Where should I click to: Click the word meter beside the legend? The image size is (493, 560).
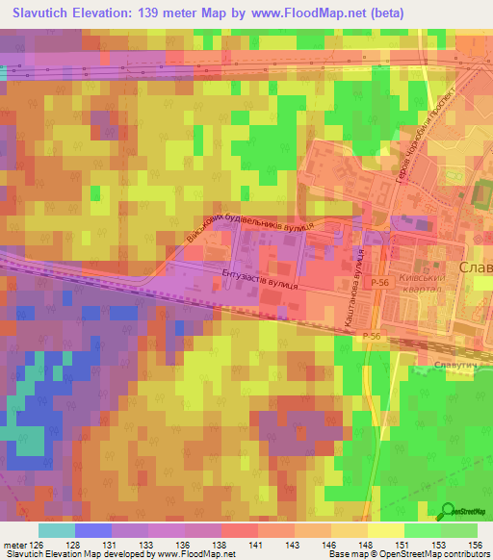[14, 545]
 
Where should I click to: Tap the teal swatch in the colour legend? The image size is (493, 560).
[57, 530]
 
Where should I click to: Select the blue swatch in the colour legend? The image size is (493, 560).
[93, 530]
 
